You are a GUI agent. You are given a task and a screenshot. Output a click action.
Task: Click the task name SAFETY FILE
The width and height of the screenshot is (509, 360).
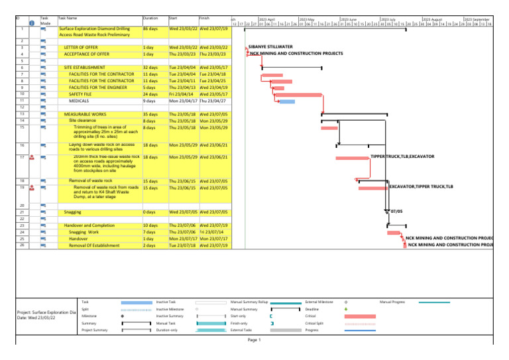(79, 95)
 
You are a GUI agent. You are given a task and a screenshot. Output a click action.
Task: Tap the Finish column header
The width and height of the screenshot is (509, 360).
(205, 19)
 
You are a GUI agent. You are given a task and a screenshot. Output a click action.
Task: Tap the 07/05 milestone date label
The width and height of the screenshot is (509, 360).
(396, 212)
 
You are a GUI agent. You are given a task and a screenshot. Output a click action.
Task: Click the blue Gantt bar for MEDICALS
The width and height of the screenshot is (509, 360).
(287, 101)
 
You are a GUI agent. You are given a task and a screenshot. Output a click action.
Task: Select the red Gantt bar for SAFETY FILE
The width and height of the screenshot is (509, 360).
(298, 95)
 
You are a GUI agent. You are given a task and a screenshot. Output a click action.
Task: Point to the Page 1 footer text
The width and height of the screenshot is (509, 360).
(254, 340)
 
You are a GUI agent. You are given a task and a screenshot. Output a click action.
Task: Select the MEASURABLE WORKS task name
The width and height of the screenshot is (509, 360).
(86, 115)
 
